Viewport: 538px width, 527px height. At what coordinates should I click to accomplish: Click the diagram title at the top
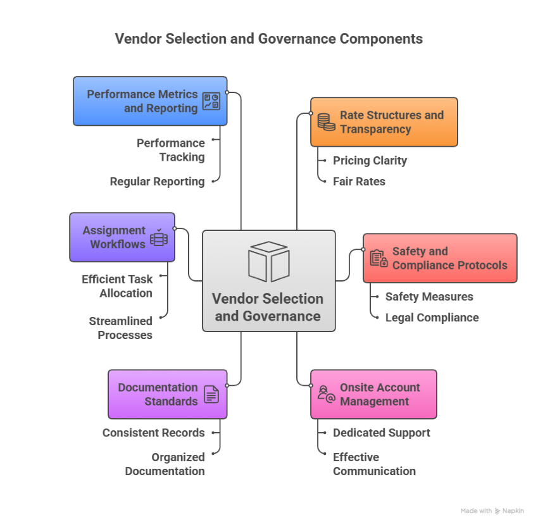pos(268,39)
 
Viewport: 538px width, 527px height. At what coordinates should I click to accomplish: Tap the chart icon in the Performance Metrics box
pos(211,101)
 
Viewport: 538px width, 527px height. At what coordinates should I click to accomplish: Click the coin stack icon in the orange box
pos(326,121)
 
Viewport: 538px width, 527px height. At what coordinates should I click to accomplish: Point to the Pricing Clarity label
pos(370,161)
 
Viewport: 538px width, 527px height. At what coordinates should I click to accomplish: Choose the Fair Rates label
pos(359,182)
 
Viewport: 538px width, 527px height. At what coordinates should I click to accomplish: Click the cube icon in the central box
pos(268,261)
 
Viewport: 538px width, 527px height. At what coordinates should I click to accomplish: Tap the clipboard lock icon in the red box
pos(378,258)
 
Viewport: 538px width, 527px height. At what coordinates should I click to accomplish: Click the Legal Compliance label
pos(432,318)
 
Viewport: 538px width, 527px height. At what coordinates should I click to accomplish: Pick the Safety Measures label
pos(429,297)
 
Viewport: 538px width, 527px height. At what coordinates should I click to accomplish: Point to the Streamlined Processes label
pos(121,328)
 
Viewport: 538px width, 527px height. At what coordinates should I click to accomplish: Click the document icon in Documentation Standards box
pos(211,395)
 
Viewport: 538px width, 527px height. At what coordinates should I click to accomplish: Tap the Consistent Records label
pos(154,433)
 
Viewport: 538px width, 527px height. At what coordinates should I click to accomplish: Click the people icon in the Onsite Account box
pos(326,394)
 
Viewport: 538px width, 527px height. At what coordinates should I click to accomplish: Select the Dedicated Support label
pos(381,433)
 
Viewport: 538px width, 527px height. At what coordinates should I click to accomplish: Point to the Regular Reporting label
pos(157,182)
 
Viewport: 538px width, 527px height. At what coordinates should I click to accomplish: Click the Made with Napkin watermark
pos(492,511)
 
